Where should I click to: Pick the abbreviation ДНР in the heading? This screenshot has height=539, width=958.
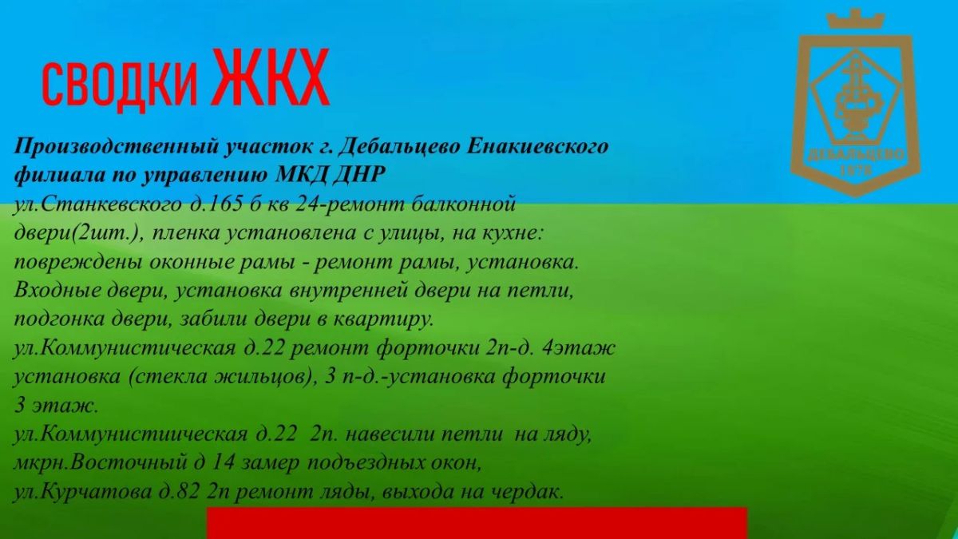[x=358, y=174]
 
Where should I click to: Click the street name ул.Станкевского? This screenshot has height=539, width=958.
[x=98, y=204]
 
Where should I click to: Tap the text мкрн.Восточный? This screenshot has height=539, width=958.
[x=101, y=463]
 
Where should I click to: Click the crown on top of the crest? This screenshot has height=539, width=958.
[x=856, y=20]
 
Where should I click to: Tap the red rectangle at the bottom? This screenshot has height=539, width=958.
[x=477, y=523]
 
